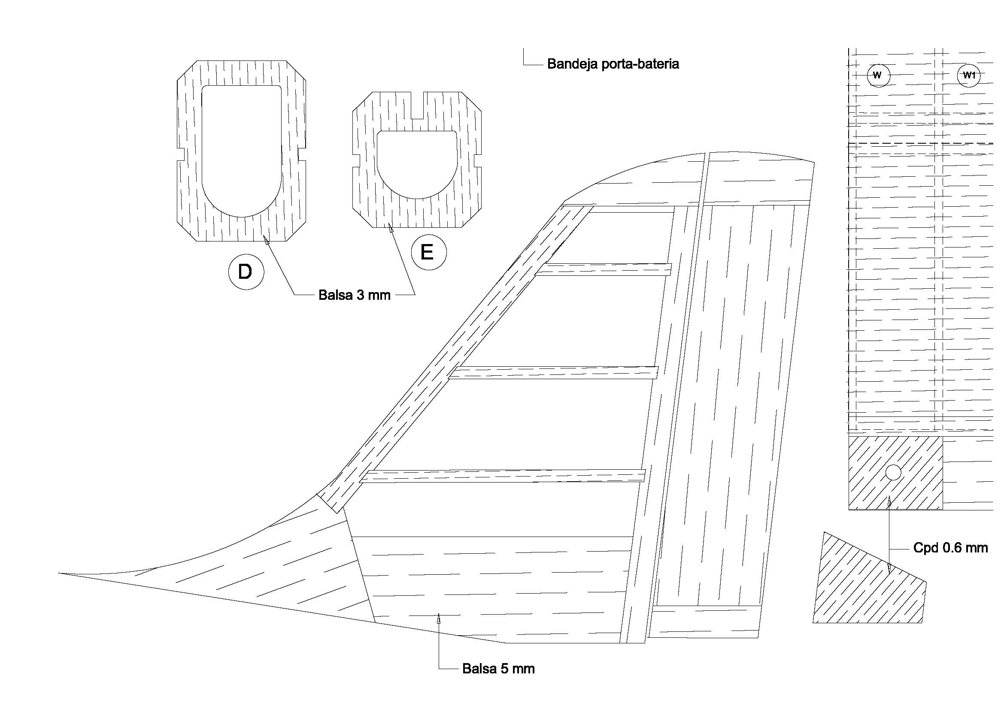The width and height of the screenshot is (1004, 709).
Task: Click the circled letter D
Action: [x=246, y=272]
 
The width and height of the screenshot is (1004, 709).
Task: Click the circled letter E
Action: [x=428, y=253]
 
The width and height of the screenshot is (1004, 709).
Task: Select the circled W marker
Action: [x=877, y=75]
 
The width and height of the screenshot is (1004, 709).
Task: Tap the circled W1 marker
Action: [x=968, y=75]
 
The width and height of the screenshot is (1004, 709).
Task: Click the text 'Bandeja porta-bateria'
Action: [x=613, y=64]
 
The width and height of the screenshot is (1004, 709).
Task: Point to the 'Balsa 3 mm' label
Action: [x=354, y=295]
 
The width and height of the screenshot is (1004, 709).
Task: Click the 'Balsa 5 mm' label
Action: [x=498, y=669]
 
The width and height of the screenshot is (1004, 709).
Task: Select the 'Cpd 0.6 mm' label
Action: [x=950, y=548]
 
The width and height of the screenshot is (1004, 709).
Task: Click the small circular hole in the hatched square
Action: [x=893, y=472]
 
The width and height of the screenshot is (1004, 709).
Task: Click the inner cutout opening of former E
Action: [x=417, y=162]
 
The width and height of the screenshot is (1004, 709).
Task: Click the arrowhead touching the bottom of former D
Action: [x=265, y=239]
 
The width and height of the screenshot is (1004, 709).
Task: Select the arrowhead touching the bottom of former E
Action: [x=391, y=227]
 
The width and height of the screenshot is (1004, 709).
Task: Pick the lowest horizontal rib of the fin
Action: [x=503, y=476]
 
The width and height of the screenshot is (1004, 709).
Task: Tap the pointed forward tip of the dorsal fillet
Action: [x=61, y=573]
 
